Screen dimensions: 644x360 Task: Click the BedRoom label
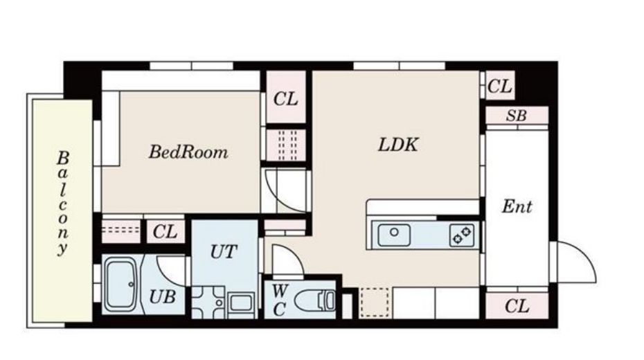click(x=188, y=152)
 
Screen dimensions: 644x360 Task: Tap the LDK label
click(x=398, y=145)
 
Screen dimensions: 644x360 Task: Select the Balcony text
click(x=63, y=204)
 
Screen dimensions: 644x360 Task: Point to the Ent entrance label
click(x=517, y=206)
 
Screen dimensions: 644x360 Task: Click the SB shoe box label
click(x=517, y=116)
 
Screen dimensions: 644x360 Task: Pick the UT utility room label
click(x=224, y=251)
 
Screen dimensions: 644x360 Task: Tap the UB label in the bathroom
click(x=163, y=296)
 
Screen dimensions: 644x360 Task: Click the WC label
click(x=279, y=300)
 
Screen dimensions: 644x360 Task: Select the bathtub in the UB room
click(x=122, y=285)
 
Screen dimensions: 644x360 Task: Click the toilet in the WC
click(x=316, y=301)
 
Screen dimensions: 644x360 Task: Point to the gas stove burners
click(x=462, y=235)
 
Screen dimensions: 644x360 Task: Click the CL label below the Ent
click(x=517, y=306)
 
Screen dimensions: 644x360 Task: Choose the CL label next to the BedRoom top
click(x=285, y=99)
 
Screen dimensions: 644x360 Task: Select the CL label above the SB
click(x=500, y=87)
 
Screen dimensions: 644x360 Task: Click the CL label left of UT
click(x=165, y=232)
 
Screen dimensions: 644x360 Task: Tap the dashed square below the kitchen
click(x=374, y=303)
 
